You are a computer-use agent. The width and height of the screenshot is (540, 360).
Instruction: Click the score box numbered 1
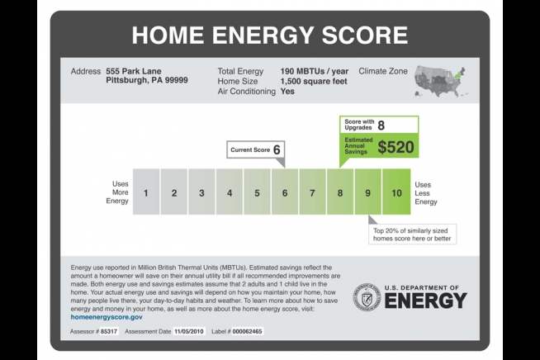coord(146,192)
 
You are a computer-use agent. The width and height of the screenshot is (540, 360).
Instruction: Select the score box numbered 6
coord(285,192)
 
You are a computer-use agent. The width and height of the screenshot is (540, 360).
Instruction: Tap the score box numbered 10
coord(396,192)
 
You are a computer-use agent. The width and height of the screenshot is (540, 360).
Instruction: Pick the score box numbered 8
coord(340,192)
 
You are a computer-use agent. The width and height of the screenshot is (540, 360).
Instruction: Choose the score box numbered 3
coord(201,192)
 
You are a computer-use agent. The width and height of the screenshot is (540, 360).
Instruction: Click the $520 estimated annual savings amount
coord(396,147)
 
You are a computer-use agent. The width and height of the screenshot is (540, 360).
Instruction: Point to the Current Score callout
coord(255,149)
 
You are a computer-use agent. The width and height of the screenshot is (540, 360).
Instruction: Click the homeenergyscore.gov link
coord(107,317)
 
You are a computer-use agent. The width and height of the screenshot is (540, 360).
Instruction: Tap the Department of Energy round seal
coord(367,297)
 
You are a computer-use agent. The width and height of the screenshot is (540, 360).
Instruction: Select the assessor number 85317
coord(109,331)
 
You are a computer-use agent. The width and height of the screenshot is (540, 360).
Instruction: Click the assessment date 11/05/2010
coord(189,331)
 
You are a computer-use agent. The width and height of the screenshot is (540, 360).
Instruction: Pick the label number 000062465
coord(247,331)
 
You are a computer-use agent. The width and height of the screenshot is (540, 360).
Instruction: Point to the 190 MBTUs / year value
coord(314,71)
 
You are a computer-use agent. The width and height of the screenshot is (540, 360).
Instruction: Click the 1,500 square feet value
coord(314,81)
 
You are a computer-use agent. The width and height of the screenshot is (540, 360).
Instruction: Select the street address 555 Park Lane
coord(133,71)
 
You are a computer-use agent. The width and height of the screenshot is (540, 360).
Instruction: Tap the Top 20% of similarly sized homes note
coord(412,234)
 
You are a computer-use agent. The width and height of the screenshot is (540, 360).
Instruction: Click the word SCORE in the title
coord(365,35)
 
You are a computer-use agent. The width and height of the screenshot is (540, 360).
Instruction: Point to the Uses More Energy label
coord(117,192)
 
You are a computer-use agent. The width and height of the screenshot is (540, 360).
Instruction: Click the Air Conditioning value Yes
coord(287,92)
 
